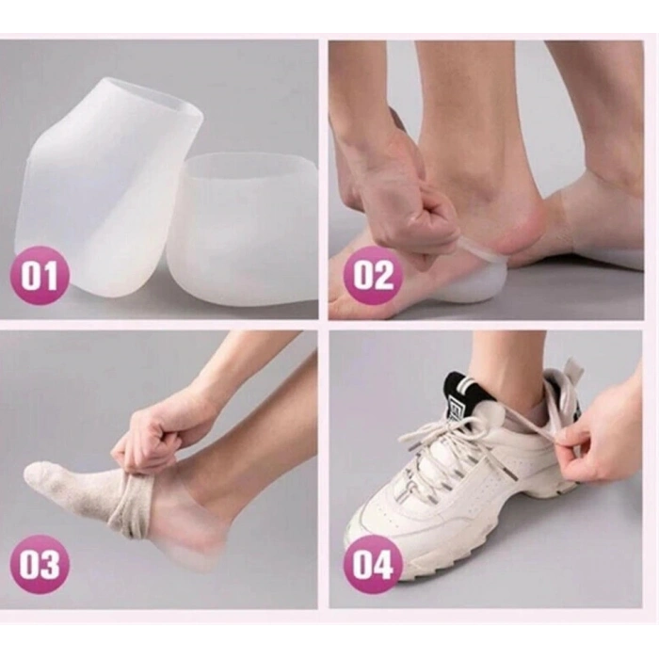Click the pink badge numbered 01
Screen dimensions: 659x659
click(x=40, y=276)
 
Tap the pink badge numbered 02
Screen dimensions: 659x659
click(x=373, y=276)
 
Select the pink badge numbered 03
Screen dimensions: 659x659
click(x=40, y=565)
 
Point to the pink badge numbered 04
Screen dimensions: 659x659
click(x=373, y=565)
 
